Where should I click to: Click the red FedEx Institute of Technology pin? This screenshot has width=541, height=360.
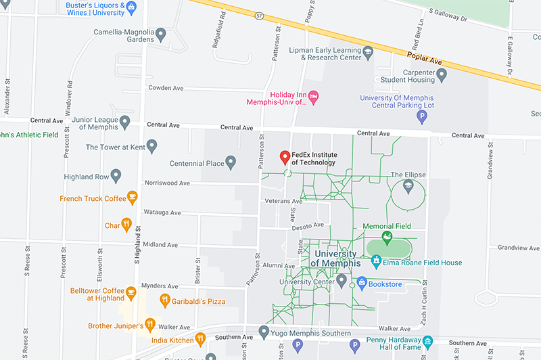285,158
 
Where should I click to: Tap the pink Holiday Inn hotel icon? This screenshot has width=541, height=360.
313,99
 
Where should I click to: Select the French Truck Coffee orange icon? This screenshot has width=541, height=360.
133,198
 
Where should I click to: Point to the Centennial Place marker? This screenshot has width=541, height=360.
231,162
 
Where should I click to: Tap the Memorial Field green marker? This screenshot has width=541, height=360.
387,237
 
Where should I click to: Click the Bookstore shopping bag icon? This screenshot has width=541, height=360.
361,282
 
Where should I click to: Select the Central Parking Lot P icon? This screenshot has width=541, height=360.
423,117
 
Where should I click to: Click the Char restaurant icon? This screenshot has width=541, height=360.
126,225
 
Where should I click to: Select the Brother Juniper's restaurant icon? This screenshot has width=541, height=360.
151,325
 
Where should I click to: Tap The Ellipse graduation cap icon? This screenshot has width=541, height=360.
408,185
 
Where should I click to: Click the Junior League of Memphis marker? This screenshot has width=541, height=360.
124,122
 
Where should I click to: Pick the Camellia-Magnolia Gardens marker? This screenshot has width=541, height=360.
161,33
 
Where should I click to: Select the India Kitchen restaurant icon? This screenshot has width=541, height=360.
199,338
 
